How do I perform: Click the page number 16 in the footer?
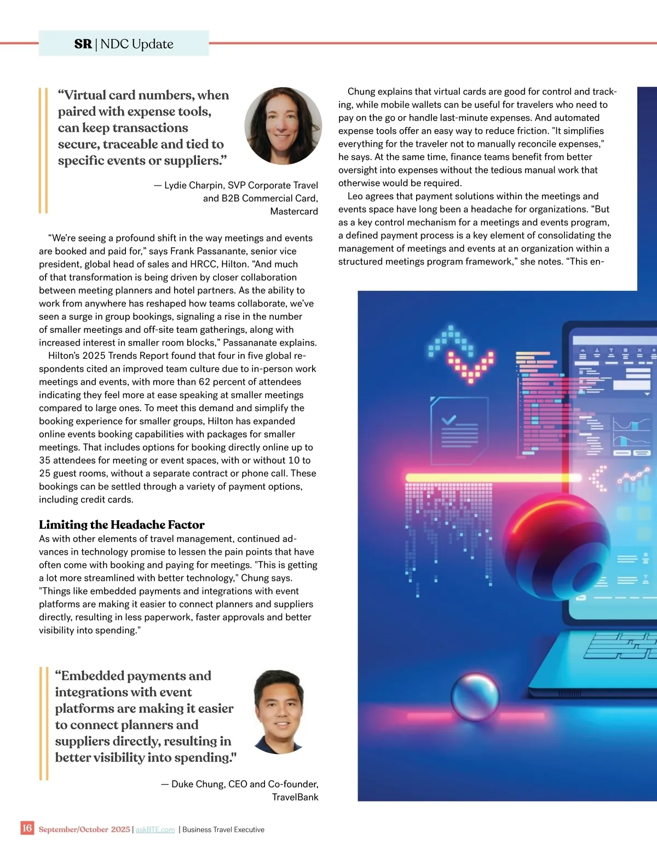(27, 828)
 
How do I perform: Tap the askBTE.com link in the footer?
(155, 829)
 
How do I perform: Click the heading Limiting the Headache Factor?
(122, 525)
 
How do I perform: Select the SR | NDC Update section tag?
(124, 44)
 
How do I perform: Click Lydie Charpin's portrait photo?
(283, 126)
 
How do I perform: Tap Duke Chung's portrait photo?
(279, 712)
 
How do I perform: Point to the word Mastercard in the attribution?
(294, 211)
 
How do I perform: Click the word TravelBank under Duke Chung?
(295, 797)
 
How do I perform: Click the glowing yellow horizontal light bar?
(493, 477)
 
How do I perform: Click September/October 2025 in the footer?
(84, 829)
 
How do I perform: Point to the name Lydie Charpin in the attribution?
(194, 185)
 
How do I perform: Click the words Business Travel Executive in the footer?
(223, 829)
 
